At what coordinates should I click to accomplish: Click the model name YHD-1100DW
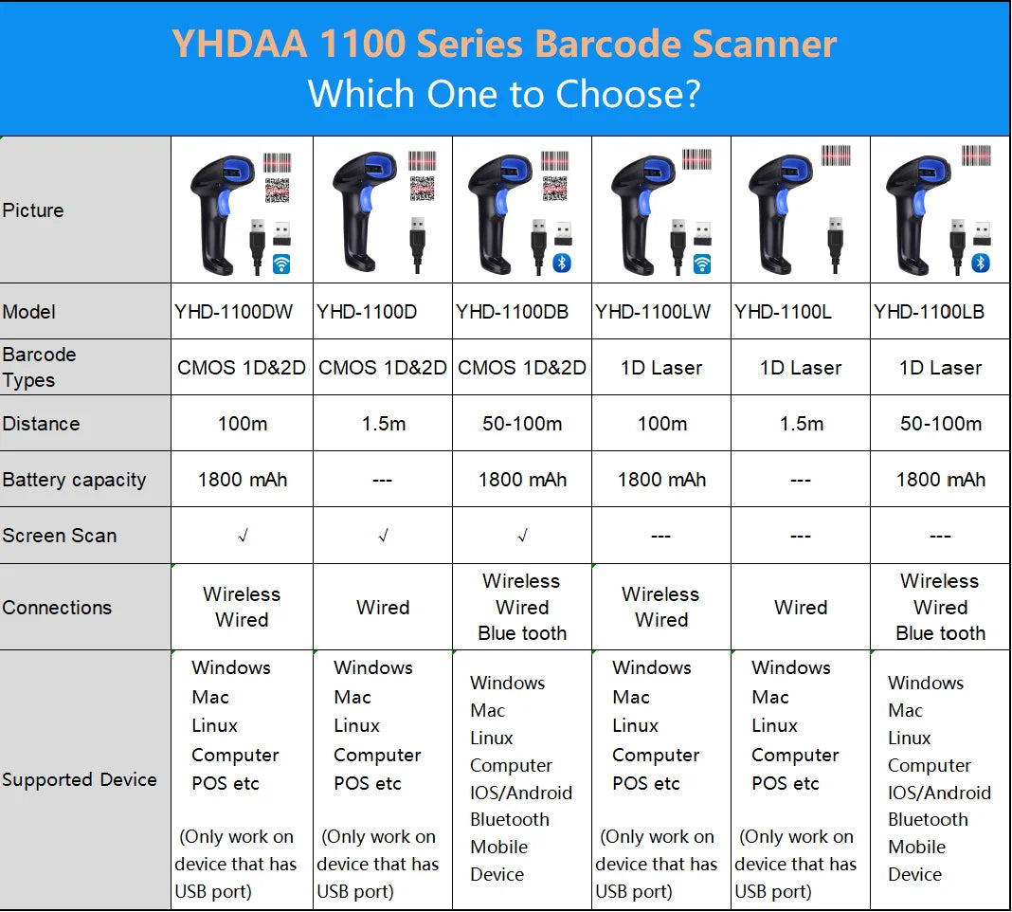click(234, 312)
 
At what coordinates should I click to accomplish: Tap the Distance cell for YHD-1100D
click(384, 424)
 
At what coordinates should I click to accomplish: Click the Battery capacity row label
click(74, 480)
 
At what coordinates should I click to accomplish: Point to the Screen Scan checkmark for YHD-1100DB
click(523, 536)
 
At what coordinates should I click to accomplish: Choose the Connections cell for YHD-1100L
click(801, 607)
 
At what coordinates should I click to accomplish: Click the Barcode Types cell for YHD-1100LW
click(660, 368)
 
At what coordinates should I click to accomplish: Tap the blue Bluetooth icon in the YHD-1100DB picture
click(562, 263)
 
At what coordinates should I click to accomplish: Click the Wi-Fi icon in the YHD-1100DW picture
click(281, 264)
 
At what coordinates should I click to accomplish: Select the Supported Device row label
click(80, 779)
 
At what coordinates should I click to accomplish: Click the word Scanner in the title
click(764, 44)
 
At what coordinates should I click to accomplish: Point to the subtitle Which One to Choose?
click(504, 94)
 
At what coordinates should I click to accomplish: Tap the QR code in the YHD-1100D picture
click(422, 189)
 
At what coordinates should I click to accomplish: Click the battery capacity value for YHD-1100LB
click(940, 480)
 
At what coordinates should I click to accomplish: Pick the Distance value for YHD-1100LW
click(662, 424)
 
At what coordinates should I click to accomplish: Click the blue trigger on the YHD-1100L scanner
click(783, 200)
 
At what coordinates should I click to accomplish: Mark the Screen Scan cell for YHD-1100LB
click(940, 536)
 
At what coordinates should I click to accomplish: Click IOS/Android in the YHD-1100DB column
click(521, 793)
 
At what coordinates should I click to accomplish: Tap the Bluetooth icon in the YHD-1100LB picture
click(981, 263)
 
